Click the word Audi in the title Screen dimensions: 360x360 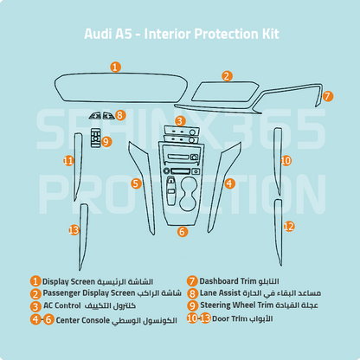(x=99, y=35)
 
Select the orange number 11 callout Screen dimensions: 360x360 (x=69, y=160)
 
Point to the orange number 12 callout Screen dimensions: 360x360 (x=289, y=226)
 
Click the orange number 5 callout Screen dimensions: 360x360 (x=136, y=183)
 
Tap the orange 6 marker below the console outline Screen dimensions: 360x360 (x=182, y=231)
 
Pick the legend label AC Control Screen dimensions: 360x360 (x=66, y=306)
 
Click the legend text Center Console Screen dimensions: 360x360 (x=87, y=319)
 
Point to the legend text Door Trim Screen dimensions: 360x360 (x=232, y=318)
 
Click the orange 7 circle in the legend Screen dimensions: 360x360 (x=192, y=281)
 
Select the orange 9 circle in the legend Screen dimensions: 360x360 (x=192, y=305)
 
